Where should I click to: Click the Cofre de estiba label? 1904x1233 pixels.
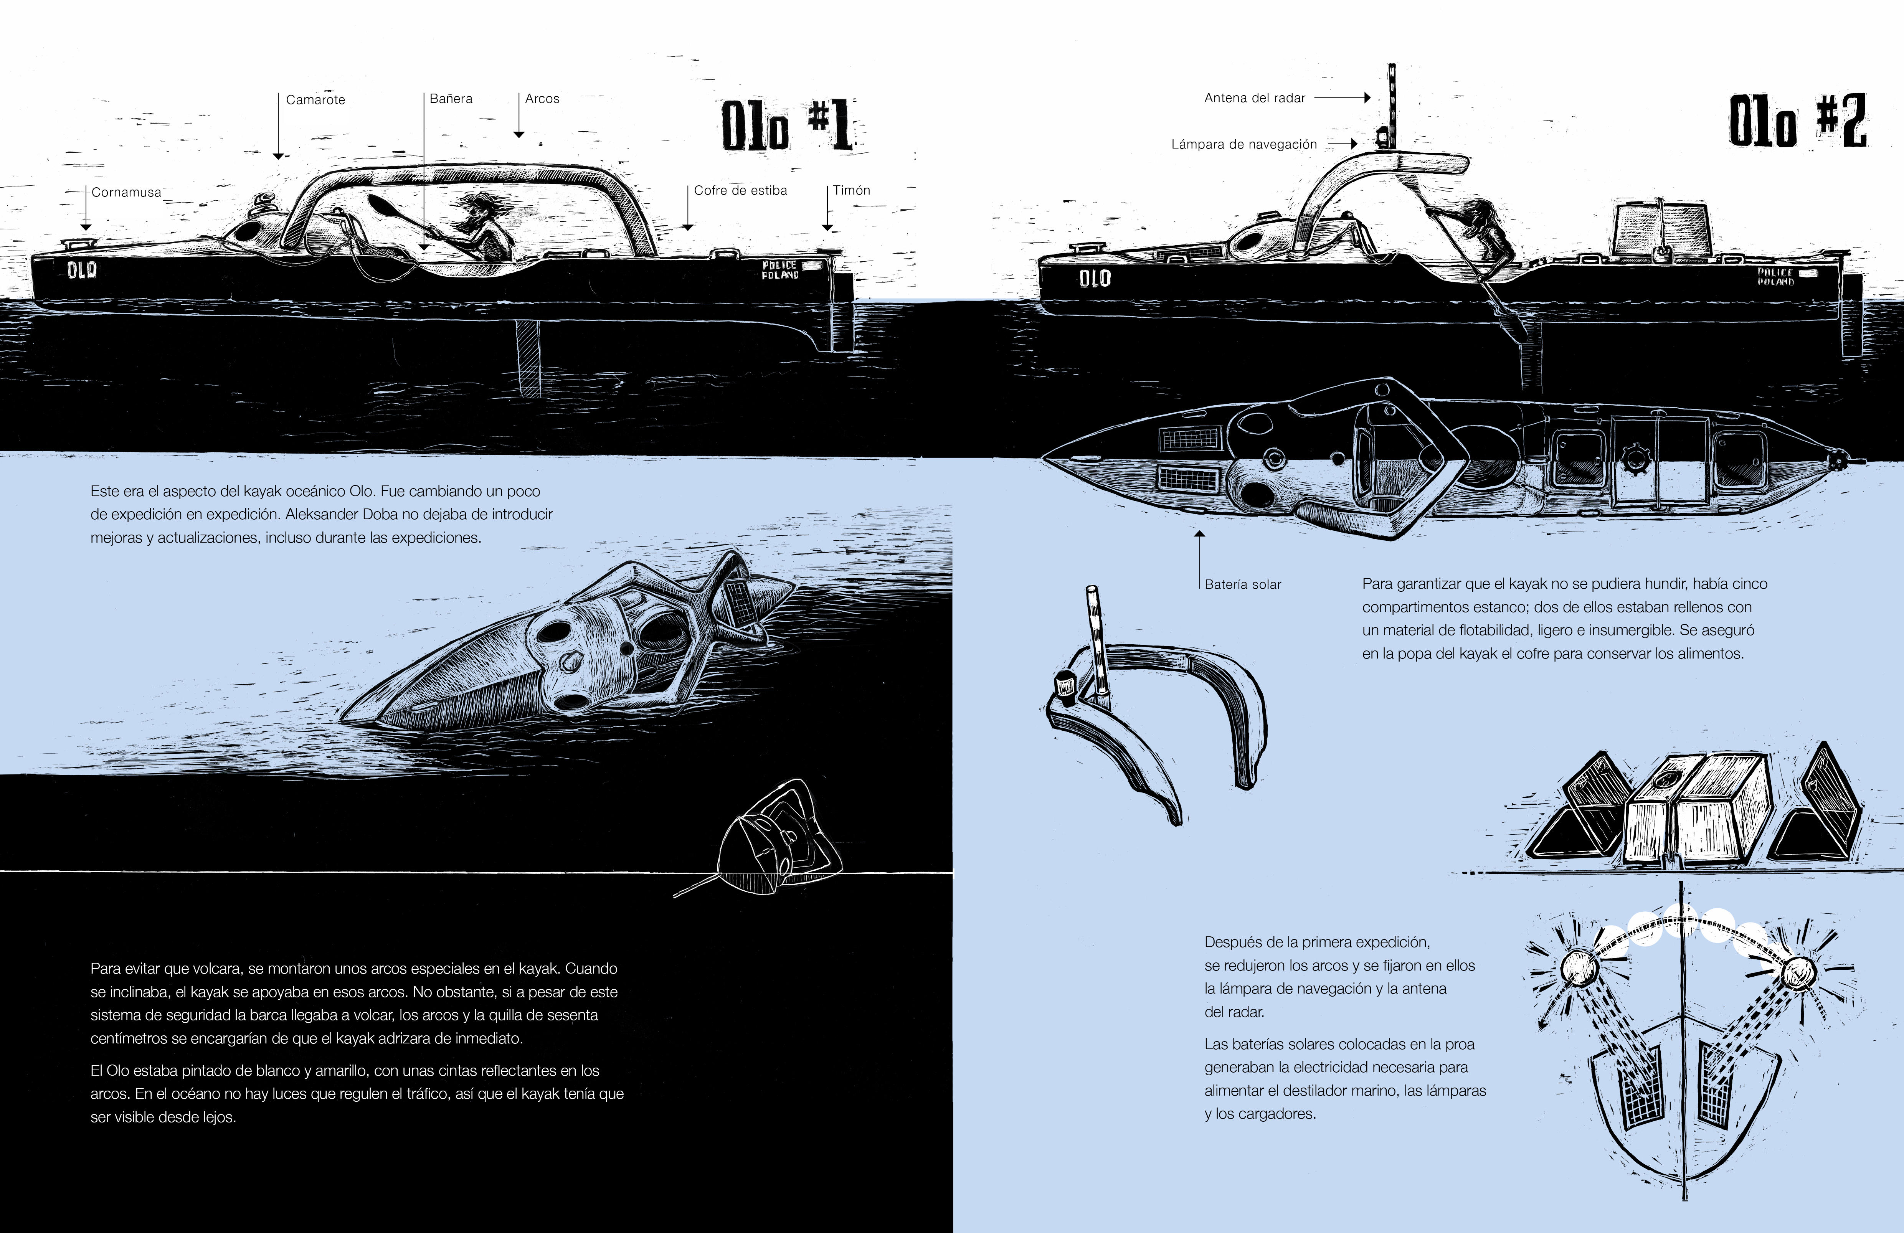[740, 190]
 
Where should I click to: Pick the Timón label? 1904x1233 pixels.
[851, 190]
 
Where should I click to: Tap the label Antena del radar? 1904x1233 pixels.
[1254, 97]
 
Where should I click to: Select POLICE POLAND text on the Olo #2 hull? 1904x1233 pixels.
[1775, 277]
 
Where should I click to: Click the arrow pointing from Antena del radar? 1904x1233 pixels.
[1343, 97]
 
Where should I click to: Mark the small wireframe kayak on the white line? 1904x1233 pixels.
[768, 840]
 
